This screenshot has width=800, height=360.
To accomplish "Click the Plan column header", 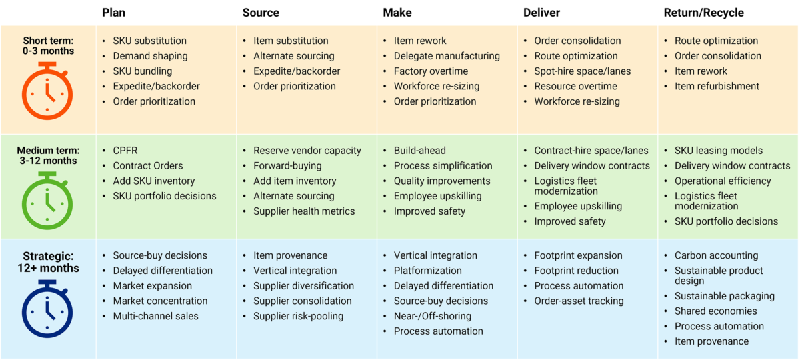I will [x=113, y=13].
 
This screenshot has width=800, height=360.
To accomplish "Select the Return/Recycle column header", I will [x=703, y=13].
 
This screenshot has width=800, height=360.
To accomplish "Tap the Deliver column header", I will [x=542, y=13].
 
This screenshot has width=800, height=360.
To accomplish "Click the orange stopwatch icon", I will [x=49, y=91].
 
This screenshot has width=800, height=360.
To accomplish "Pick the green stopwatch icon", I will [x=49, y=202].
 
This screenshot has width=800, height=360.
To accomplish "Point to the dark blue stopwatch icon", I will [x=49, y=310].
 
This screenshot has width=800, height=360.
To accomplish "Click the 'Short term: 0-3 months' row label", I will [x=49, y=45].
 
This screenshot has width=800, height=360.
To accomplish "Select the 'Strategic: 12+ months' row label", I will [x=49, y=262].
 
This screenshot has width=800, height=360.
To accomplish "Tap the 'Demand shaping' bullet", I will [x=150, y=56].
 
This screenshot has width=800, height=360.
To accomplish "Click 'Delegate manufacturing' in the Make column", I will [x=447, y=56].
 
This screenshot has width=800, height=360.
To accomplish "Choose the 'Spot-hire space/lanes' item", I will [x=582, y=71].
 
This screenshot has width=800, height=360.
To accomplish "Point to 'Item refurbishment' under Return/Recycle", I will [x=717, y=86].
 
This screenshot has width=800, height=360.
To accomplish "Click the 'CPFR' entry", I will [x=125, y=151].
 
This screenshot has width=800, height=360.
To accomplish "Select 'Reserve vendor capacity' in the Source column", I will [x=307, y=151].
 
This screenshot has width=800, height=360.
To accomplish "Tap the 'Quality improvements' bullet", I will [x=442, y=181].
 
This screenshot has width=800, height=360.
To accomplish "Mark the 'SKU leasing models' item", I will [x=719, y=151].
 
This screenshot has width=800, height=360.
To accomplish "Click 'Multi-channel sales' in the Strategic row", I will [x=155, y=316].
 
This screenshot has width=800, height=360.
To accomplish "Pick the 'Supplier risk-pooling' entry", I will [x=298, y=316].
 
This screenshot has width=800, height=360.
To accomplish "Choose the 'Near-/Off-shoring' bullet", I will [x=432, y=316].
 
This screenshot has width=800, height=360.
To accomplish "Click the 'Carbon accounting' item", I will [x=716, y=255].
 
